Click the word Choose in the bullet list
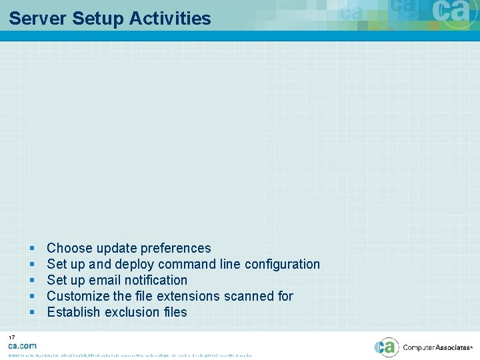69,248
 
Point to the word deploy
135,264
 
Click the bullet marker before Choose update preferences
31,248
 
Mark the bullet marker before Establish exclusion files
31,312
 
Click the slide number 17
12,337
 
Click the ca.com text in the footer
22,346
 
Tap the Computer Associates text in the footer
437,347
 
